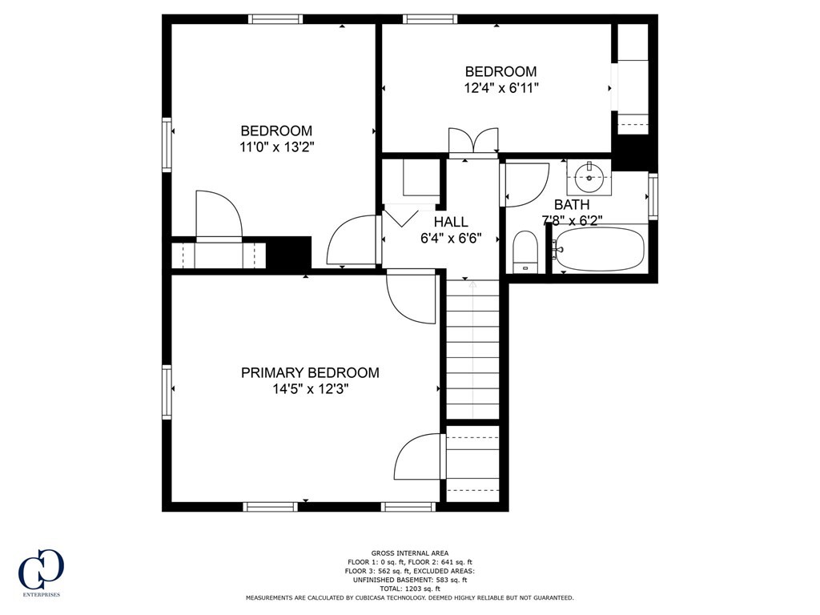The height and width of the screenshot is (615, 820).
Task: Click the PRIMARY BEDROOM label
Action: (310, 372)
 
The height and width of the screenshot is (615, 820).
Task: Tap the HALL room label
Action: (451, 222)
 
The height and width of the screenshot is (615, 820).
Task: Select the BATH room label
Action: (572, 204)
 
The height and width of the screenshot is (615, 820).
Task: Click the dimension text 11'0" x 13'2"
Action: (276, 147)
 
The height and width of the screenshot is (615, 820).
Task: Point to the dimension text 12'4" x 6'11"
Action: (501, 88)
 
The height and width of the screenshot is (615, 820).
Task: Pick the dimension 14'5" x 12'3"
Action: (310, 389)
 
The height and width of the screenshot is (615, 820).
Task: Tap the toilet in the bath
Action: (525, 251)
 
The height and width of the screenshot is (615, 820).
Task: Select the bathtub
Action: (600, 249)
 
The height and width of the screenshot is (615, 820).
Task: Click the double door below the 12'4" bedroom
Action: (473, 143)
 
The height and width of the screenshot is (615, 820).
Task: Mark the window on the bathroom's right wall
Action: (653, 196)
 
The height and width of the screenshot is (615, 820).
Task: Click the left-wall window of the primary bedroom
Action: (167, 392)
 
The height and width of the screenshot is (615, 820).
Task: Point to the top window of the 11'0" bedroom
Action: (275, 19)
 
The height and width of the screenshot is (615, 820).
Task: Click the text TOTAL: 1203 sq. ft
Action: (409, 589)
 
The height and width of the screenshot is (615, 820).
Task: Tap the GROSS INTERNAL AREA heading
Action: (409, 553)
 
